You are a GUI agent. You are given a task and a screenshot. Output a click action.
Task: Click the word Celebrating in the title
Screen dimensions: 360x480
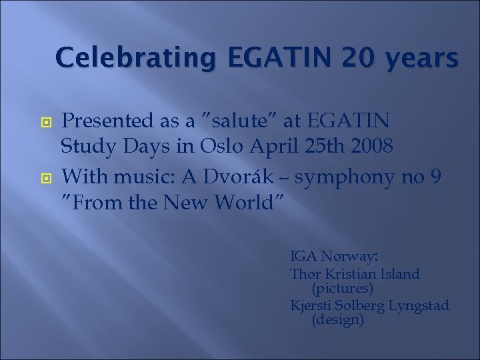pyautogui.click(x=134, y=58)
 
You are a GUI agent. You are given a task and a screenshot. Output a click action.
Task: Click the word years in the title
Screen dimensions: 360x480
pyautogui.click(x=413, y=58)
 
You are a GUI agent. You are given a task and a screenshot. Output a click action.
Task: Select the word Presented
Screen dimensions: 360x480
pyautogui.click(x=106, y=122)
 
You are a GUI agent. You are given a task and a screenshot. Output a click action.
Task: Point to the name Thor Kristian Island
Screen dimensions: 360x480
pyautogui.click(x=355, y=273)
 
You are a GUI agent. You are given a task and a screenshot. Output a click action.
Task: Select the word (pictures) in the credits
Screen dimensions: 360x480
pyautogui.click(x=342, y=289)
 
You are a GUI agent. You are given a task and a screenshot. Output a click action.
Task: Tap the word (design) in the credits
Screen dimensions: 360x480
pyautogui.click(x=337, y=320)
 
